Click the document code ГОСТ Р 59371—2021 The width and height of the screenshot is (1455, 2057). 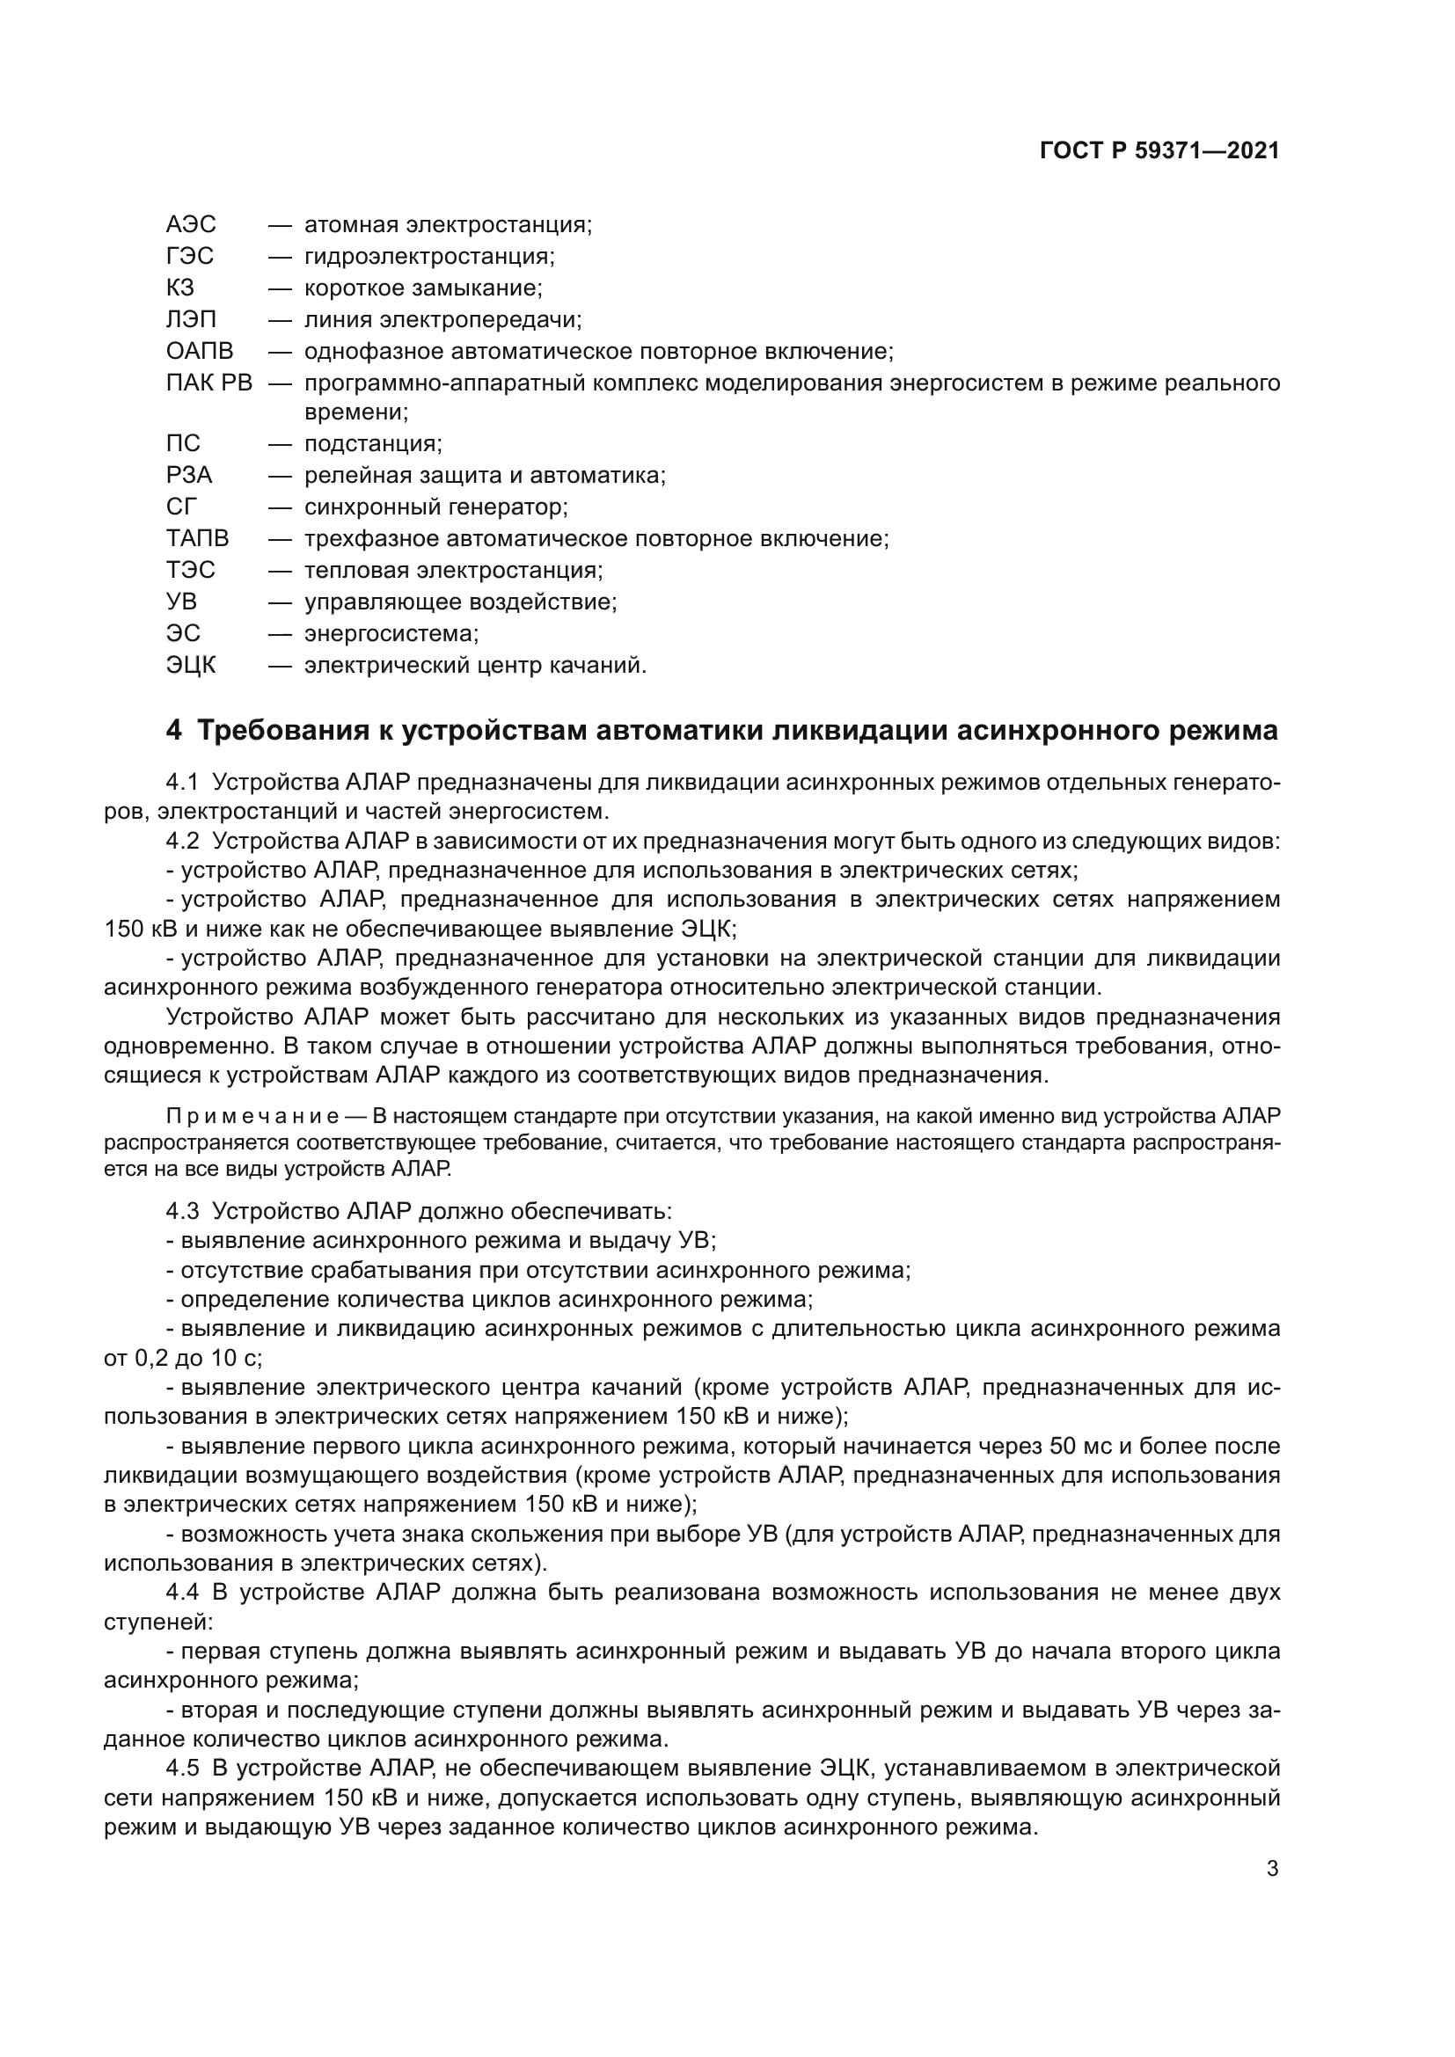(1159, 150)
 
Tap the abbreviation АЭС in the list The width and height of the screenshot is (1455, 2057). (191, 224)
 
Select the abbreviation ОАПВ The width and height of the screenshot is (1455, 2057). (199, 350)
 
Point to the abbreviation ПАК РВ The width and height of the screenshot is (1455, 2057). (208, 383)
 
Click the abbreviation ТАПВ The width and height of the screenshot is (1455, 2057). (197, 538)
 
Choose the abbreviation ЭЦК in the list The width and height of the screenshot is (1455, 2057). (191, 665)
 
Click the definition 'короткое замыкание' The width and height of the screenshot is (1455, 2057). (422, 288)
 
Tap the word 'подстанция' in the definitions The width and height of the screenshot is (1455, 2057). (372, 443)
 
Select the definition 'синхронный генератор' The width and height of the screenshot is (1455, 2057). (435, 507)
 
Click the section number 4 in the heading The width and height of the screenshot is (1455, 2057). (174, 731)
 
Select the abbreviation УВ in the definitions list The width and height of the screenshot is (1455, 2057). (181, 602)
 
